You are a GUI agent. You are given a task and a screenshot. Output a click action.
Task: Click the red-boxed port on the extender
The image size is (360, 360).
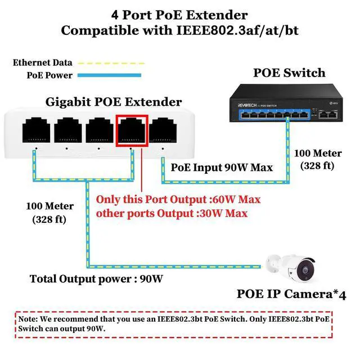point(132,130)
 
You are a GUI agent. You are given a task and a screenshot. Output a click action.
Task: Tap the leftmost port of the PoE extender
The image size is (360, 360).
point(37,130)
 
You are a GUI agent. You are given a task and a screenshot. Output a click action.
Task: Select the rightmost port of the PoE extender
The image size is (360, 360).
point(163,130)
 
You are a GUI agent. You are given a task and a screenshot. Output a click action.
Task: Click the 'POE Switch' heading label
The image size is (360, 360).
point(289,73)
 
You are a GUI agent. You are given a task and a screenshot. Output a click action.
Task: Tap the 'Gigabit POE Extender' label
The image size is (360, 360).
point(114,102)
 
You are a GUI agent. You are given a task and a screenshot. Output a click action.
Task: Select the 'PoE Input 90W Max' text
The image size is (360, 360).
point(221,167)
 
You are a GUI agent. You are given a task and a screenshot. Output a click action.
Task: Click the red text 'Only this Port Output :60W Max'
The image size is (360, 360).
point(178,200)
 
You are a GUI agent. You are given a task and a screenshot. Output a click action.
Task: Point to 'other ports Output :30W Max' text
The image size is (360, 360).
point(172,213)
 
